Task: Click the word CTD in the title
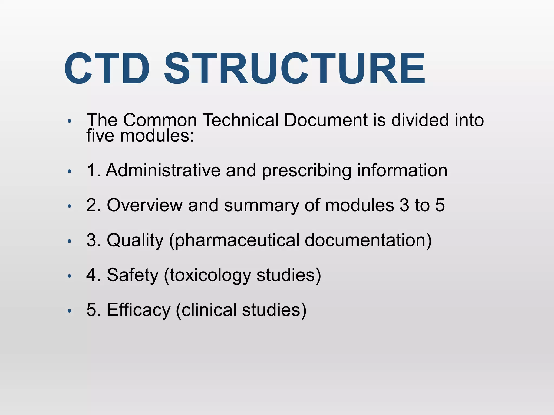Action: point(107,69)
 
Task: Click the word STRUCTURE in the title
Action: point(295,69)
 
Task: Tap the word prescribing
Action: point(306,170)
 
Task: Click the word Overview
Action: point(145,205)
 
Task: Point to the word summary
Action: point(261,206)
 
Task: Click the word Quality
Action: point(135,240)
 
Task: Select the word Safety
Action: point(133,275)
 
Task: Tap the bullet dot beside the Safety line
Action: point(70,276)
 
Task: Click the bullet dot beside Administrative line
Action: point(70,171)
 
